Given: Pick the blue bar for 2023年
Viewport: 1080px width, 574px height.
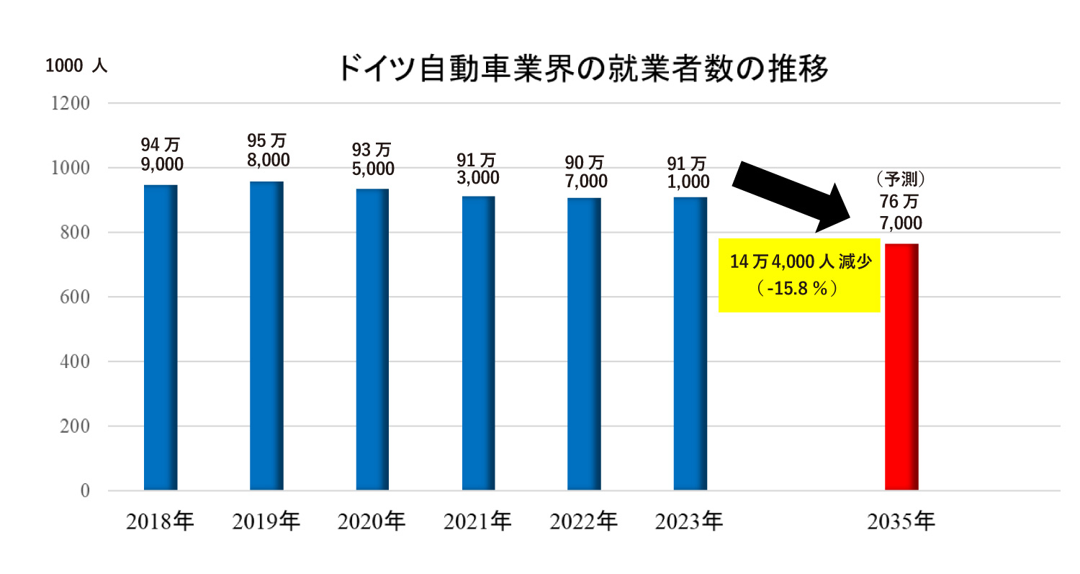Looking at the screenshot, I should [x=690, y=344].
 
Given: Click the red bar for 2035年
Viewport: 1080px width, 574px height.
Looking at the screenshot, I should [x=901, y=367].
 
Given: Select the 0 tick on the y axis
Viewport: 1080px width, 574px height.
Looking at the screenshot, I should [x=85, y=491].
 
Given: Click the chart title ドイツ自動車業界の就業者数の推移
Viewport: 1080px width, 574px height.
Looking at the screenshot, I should [x=583, y=70].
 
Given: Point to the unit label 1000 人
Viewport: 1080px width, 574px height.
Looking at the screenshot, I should [x=76, y=66].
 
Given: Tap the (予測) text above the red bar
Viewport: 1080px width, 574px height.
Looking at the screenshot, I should [x=901, y=178].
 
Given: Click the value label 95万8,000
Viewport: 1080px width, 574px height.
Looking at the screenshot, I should [x=266, y=150].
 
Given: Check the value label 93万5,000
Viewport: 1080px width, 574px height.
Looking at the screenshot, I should [x=372, y=159].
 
